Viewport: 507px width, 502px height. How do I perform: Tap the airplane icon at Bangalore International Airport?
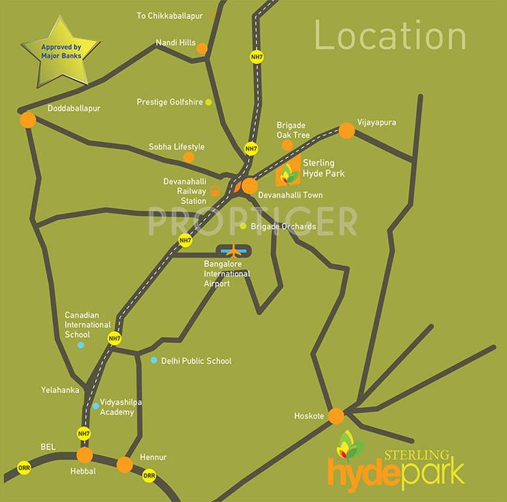[233, 251]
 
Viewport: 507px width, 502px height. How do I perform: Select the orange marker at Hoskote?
[336, 416]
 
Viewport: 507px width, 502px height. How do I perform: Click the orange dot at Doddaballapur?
[27, 120]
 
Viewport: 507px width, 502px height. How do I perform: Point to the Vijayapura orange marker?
[346, 131]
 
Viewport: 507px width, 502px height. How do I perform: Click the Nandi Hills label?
[175, 43]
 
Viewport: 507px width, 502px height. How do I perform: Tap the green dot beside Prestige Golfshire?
[208, 102]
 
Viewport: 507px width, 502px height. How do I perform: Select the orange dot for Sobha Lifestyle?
[189, 157]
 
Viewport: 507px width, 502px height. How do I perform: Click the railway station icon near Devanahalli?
[215, 190]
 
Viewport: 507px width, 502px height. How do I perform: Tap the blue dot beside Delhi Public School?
[154, 360]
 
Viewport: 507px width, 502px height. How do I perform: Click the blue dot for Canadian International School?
[80, 345]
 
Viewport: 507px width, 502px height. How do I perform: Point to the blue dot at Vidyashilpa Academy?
[95, 406]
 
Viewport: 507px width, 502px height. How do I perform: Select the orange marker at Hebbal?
[84, 455]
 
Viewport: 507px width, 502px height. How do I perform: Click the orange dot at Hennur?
[124, 465]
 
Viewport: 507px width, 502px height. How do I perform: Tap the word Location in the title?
[390, 35]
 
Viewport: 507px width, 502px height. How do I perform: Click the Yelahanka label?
[60, 390]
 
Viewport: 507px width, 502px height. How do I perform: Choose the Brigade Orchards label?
[283, 227]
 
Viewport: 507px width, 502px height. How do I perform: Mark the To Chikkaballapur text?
[169, 15]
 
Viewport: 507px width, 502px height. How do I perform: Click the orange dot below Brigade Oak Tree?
[287, 145]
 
